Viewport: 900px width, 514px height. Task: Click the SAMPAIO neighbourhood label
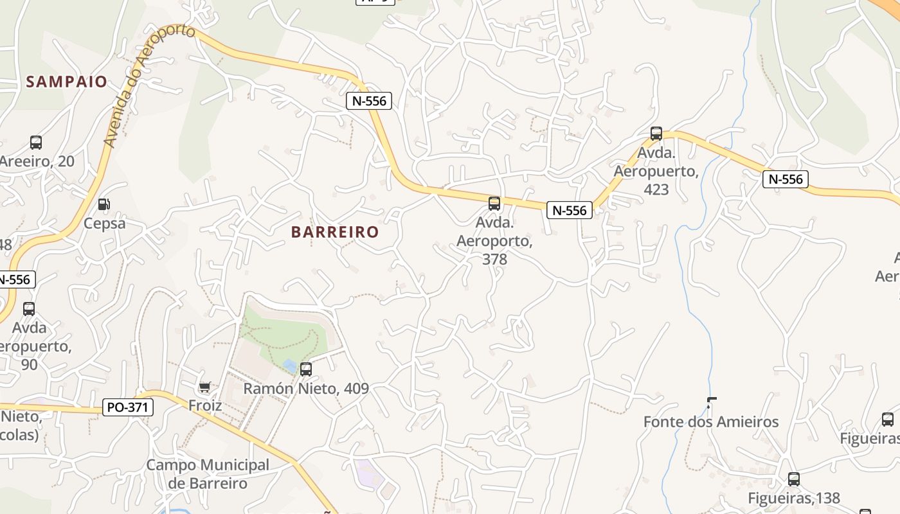click(x=66, y=82)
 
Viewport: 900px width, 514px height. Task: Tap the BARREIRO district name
click(x=335, y=232)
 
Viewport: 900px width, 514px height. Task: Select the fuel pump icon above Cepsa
click(x=103, y=204)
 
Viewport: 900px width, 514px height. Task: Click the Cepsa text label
click(x=104, y=224)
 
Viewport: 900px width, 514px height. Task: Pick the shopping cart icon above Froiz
click(x=204, y=387)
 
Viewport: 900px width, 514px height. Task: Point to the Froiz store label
click(x=205, y=405)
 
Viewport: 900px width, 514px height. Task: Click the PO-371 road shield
click(x=128, y=407)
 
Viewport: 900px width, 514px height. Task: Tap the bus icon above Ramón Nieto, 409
click(x=306, y=369)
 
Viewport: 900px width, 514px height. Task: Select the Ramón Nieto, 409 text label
click(x=306, y=388)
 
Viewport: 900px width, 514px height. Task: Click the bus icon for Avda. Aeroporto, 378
click(x=494, y=204)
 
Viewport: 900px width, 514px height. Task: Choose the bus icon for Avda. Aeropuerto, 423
click(x=656, y=134)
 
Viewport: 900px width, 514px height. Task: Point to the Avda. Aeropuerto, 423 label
click(x=656, y=172)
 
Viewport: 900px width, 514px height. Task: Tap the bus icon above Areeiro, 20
click(x=36, y=143)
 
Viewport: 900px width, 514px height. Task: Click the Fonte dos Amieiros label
click(x=711, y=422)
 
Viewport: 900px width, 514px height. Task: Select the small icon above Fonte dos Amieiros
click(x=711, y=403)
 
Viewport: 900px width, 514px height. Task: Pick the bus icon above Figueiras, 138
click(x=794, y=479)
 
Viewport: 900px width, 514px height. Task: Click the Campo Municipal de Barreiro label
click(x=207, y=474)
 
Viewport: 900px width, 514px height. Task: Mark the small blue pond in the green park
click(x=290, y=366)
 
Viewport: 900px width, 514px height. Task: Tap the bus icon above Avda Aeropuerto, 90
click(x=29, y=309)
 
